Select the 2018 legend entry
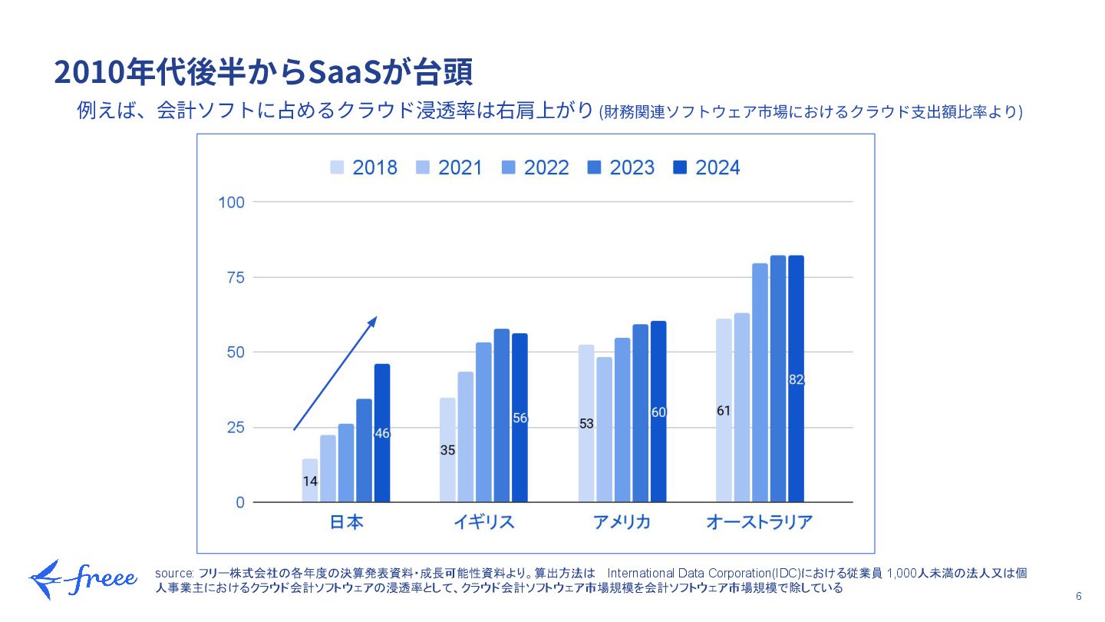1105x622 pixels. click(364, 168)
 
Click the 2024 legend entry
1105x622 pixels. click(707, 168)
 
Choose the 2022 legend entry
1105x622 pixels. click(536, 168)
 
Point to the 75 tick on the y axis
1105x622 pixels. click(234, 277)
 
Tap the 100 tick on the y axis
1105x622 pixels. click(231, 202)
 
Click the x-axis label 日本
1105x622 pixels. click(346, 522)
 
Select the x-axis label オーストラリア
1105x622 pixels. click(759, 522)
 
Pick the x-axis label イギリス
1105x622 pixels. click(483, 522)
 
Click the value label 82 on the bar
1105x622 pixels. click(796, 379)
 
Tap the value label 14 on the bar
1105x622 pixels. click(310, 481)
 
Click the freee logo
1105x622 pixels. click(83, 580)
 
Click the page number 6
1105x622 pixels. click(1078, 597)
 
